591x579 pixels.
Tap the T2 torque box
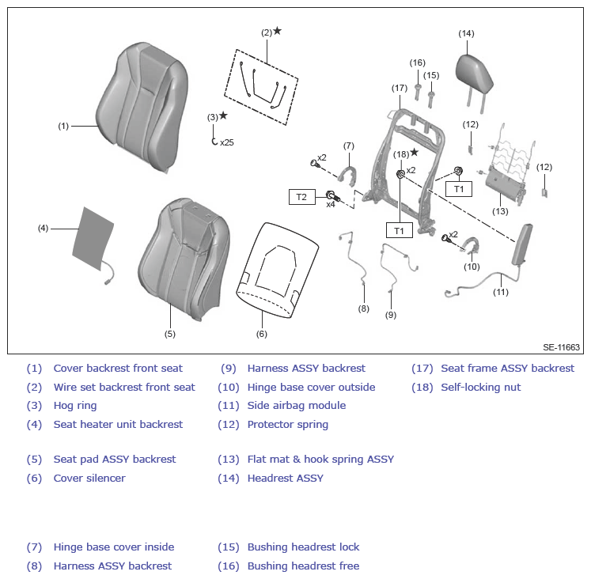tap(302, 197)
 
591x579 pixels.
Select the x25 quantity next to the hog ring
tap(227, 142)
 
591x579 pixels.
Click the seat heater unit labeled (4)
tap(93, 238)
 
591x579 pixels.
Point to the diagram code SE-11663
tap(561, 347)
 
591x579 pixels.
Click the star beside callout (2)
tap(278, 31)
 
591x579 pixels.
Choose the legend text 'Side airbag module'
tap(297, 405)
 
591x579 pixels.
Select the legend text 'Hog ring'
tap(75, 406)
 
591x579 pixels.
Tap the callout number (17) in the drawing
tap(400, 88)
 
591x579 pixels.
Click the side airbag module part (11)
tap(522, 244)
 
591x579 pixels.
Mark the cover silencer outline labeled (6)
tap(278, 270)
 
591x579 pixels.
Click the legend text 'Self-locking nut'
tap(480, 388)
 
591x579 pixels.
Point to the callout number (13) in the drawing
tap(500, 212)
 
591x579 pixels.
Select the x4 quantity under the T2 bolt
tap(331, 205)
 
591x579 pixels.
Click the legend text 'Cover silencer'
tap(89, 478)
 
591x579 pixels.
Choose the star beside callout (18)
tap(415, 152)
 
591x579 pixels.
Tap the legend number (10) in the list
tap(229, 388)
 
